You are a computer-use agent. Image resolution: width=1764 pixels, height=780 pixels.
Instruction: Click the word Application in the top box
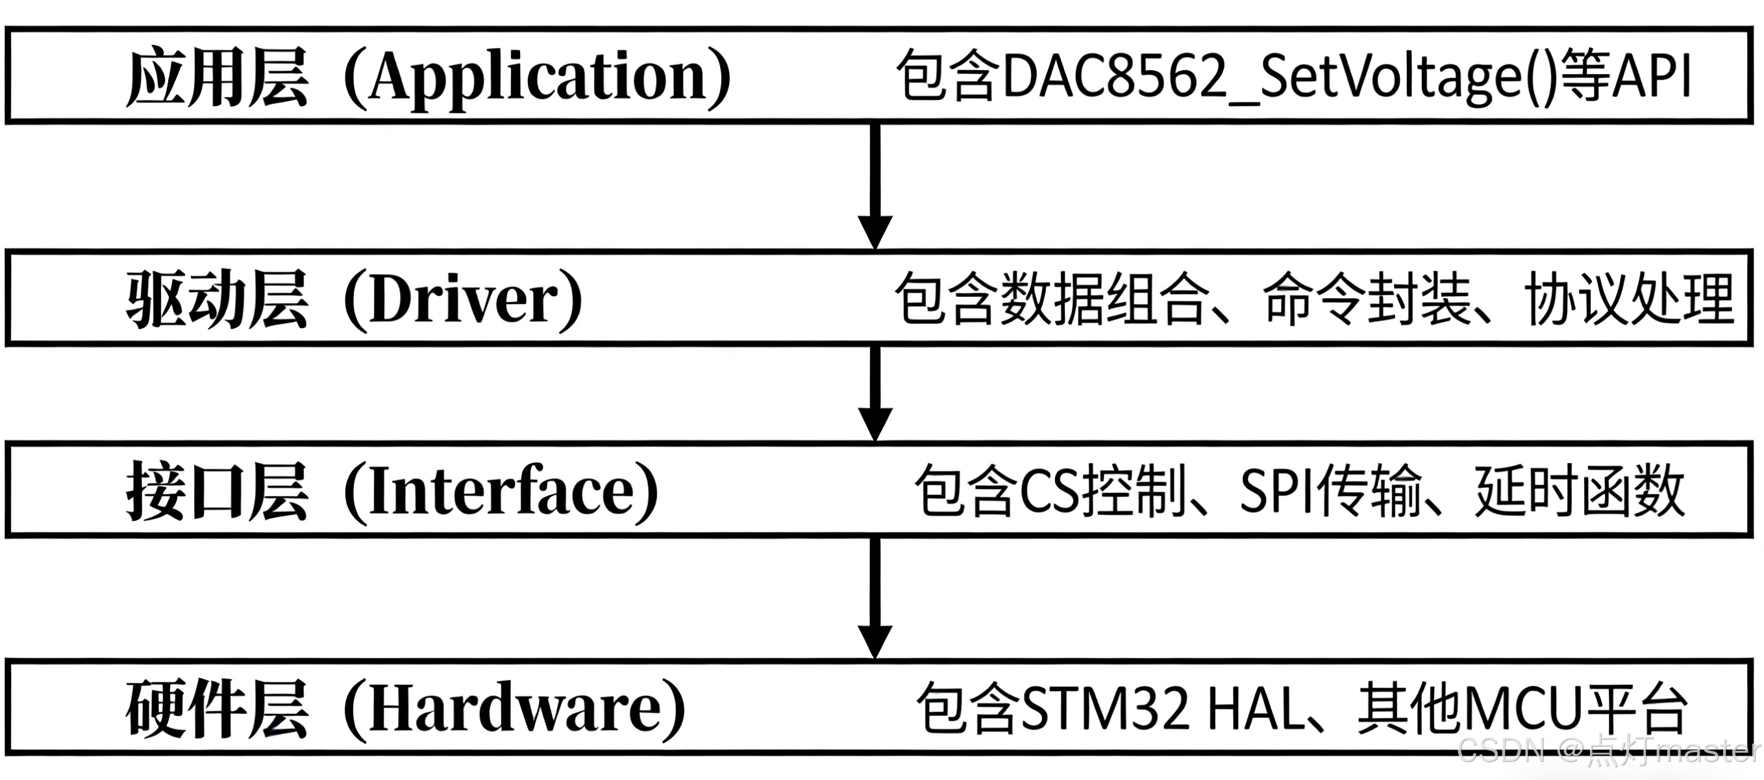tap(538, 77)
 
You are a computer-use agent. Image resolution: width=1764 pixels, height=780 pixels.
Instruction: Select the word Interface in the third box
tap(501, 490)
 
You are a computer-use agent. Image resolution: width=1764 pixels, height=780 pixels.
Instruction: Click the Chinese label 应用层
tap(217, 77)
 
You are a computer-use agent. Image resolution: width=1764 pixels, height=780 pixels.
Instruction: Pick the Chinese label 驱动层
tap(217, 299)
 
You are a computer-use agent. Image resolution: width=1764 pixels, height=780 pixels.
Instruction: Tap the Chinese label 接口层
tap(217, 490)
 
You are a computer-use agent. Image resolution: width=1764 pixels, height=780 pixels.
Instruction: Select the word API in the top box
tap(1652, 77)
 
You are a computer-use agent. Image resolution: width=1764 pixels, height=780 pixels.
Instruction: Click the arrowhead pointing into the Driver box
tap(875, 231)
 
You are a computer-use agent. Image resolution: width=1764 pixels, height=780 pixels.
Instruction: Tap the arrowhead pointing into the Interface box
tap(875, 423)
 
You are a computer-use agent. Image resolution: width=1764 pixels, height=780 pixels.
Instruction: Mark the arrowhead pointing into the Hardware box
tap(875, 641)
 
